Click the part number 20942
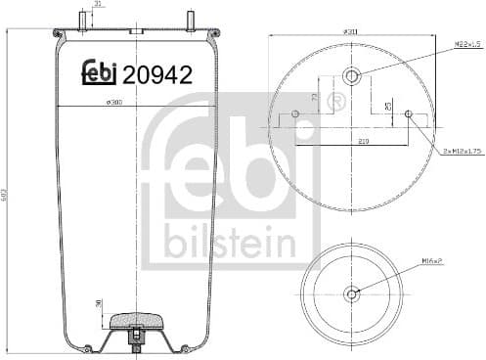pyautogui.click(x=156, y=72)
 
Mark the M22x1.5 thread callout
pyautogui.click(x=467, y=44)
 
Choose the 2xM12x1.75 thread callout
pyautogui.click(x=463, y=151)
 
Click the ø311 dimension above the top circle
pyautogui.click(x=350, y=30)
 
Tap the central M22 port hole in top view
pyautogui.click(x=352, y=75)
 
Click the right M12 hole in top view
pyautogui.click(x=408, y=114)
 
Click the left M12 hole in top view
pyautogui.click(x=295, y=114)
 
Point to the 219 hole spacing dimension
pyautogui.click(x=364, y=142)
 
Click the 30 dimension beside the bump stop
pyautogui.click(x=99, y=305)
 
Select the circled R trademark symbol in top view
pyautogui.click(x=338, y=101)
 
